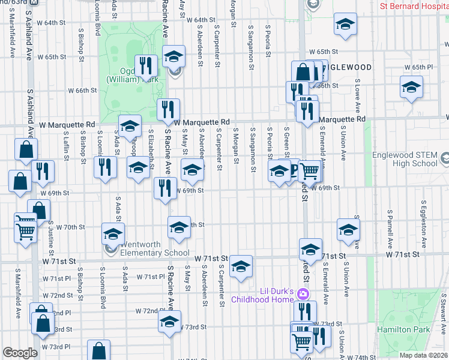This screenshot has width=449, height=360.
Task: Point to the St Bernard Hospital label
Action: point(414,7)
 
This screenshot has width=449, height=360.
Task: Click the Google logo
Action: point(20,353)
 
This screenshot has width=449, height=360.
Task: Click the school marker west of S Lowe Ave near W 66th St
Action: point(411,88)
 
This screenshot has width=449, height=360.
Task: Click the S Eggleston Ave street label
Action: point(423,229)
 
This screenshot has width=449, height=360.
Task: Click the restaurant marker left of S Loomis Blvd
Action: point(105,167)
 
